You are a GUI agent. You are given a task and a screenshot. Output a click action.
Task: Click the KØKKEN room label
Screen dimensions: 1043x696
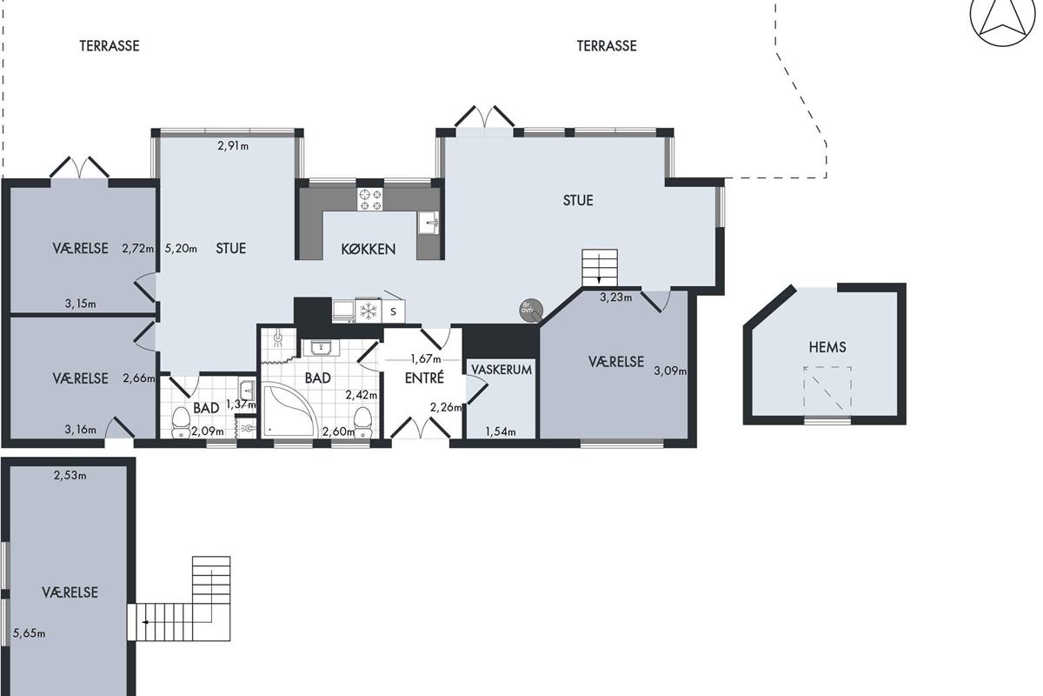(x=369, y=249)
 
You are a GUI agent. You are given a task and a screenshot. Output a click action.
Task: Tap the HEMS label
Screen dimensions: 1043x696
(x=827, y=347)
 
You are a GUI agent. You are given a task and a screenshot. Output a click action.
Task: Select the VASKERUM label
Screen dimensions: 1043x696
(x=502, y=370)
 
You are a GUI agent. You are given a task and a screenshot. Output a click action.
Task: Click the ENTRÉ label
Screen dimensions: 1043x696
(x=424, y=378)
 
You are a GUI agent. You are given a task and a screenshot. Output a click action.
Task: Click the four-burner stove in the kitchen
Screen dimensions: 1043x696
(x=369, y=199)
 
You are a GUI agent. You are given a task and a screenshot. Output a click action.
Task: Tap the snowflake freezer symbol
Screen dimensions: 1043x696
(x=368, y=311)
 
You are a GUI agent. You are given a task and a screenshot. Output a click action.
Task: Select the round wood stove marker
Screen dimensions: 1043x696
(x=531, y=310)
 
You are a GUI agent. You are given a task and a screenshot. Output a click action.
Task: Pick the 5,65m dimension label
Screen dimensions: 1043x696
(x=29, y=633)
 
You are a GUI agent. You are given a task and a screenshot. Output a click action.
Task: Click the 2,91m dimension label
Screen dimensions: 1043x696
(x=233, y=146)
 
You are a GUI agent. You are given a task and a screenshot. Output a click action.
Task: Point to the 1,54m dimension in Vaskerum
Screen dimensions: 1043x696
(x=501, y=432)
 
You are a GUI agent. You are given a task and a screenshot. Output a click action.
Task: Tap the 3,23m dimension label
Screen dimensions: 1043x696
(x=615, y=298)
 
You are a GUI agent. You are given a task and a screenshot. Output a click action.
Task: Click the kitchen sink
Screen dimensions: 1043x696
(x=428, y=223)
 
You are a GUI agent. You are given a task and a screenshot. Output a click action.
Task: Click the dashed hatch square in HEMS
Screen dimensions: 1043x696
(x=827, y=389)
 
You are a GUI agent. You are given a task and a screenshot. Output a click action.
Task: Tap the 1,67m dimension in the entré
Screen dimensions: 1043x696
(x=426, y=359)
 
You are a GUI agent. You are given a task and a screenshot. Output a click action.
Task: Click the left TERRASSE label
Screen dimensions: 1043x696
(x=110, y=46)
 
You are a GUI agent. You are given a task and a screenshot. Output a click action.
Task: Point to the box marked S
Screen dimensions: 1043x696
(x=394, y=311)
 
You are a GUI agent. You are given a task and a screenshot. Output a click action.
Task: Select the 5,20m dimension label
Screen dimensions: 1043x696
(x=181, y=249)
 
